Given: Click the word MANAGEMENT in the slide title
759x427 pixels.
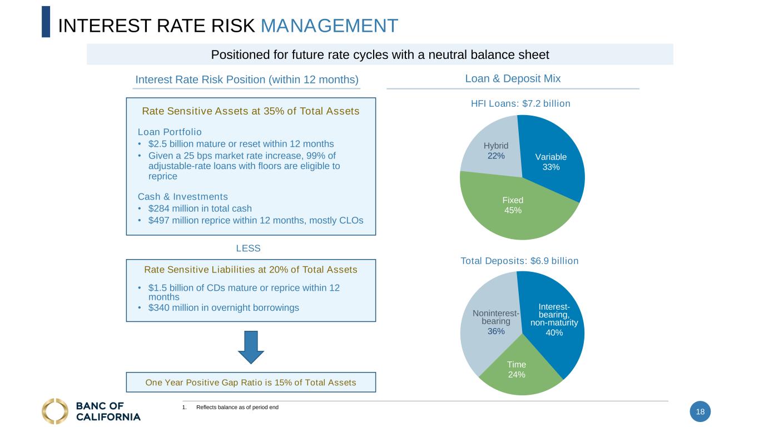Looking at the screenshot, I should (329, 26).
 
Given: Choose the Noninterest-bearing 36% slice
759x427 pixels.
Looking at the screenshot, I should (489, 328).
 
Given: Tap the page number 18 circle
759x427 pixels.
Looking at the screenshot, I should (700, 412).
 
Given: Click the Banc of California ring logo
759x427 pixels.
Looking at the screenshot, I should (55, 411).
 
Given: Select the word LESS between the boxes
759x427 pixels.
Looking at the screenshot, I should (248, 249).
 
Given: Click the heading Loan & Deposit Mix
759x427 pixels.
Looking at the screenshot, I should (513, 79).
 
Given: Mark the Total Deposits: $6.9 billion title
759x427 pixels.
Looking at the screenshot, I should (519, 261).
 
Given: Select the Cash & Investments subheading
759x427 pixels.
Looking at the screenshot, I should (183, 196).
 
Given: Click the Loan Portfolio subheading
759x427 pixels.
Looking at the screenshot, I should (170, 132).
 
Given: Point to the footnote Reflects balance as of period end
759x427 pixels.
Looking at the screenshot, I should (237, 408).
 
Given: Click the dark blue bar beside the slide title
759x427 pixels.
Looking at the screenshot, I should (46, 22).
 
